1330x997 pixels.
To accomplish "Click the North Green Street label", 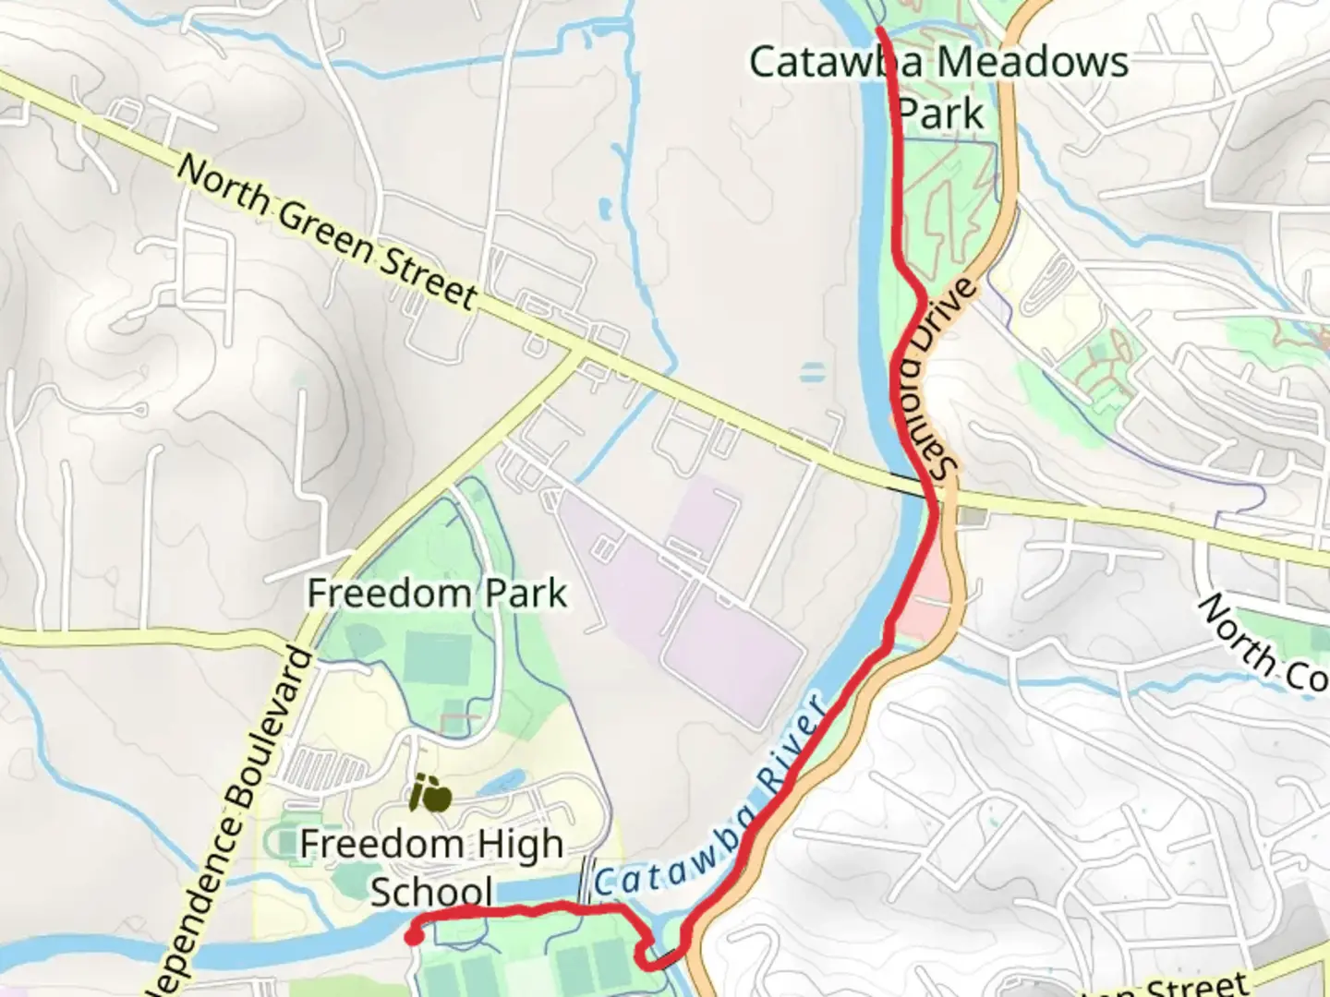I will pos(327,232).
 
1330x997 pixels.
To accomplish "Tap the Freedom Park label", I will pos(436,594).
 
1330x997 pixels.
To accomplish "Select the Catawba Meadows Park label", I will pos(938,88).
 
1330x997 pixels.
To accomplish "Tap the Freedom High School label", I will pos(431,868).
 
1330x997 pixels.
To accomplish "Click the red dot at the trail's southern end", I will pos(414,938).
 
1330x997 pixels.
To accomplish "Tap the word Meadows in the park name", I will pos(1033,63).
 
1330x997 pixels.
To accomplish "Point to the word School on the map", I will pos(431,893).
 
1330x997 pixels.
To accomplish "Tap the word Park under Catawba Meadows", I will pos(941,114).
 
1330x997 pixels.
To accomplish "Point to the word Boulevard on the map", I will pos(267,729).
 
